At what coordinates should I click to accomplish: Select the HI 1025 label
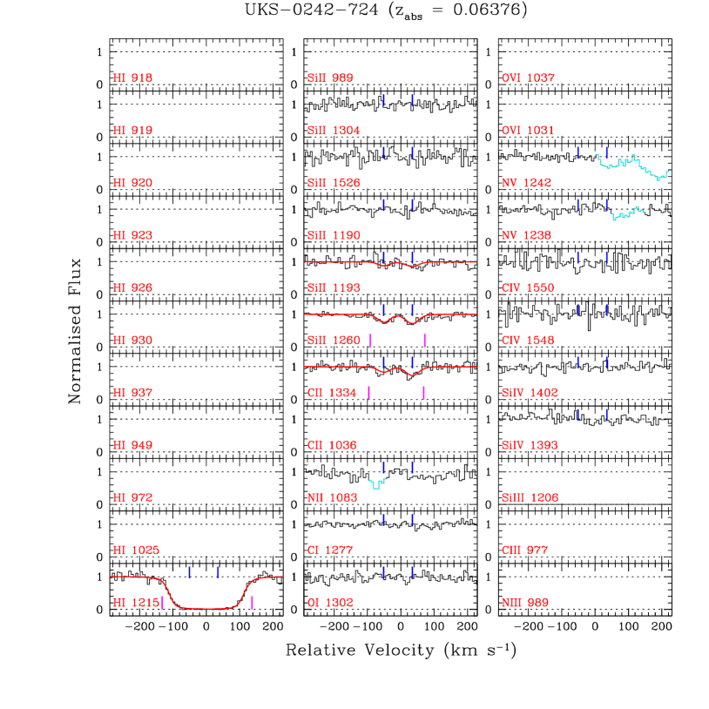point(136,550)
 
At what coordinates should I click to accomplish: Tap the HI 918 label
point(132,78)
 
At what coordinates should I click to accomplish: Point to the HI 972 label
point(132,498)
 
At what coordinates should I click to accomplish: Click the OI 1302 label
point(330,603)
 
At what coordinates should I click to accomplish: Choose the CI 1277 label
point(330,550)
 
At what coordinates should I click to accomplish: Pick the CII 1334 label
point(332,393)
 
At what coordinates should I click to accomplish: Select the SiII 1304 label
point(334,131)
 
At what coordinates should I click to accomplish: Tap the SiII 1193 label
point(334,288)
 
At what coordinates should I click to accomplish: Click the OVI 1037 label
point(528,78)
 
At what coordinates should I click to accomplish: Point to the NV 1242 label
point(526,183)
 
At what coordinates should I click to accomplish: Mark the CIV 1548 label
point(528,341)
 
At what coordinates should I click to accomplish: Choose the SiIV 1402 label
point(530,393)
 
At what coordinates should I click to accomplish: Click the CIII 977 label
point(524,550)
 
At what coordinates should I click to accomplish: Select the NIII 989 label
point(524,603)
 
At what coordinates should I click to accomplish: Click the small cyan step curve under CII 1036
point(377,483)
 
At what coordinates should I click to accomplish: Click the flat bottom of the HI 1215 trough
point(207,608)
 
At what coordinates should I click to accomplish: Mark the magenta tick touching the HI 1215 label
point(163,603)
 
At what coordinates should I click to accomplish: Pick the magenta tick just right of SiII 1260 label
point(371,341)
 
